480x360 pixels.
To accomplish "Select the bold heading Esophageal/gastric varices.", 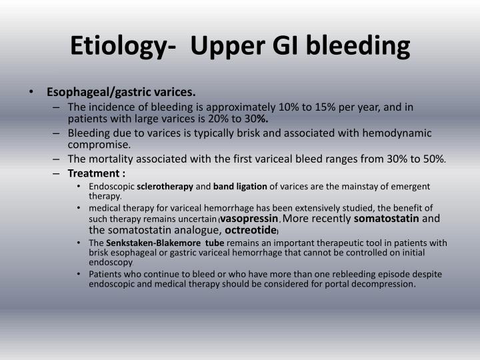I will click(121, 92).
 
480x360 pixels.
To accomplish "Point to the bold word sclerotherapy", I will click(165, 187).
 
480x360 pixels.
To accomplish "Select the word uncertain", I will click(195, 219).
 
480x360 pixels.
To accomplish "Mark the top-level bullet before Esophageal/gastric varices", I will click(31, 92).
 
